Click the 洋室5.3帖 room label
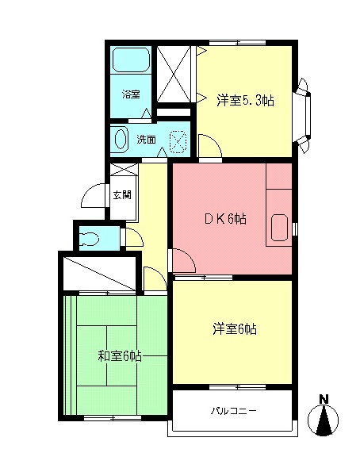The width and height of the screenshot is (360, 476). (245, 101)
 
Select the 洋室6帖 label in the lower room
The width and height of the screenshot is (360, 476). (234, 329)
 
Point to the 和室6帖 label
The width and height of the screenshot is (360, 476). (119, 357)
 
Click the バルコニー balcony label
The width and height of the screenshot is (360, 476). (234, 412)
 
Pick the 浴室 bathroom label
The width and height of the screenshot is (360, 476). (131, 94)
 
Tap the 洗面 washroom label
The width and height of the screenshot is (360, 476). (146, 140)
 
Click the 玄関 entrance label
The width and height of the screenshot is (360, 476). (121, 194)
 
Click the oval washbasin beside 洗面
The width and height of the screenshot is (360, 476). (121, 140)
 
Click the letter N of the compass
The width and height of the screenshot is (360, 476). (324, 399)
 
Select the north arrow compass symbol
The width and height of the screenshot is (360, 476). (324, 420)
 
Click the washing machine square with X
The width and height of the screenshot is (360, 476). (179, 140)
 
